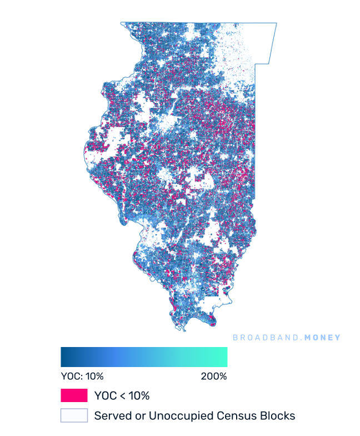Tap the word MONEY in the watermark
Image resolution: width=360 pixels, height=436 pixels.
(x=321, y=338)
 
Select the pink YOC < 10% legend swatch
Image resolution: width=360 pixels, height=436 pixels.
(x=74, y=395)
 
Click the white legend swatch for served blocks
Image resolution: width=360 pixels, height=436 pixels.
(x=74, y=415)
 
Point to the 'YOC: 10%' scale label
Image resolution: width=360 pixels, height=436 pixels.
(x=82, y=376)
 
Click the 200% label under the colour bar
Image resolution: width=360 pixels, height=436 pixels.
(x=213, y=376)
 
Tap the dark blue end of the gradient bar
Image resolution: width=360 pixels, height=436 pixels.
(x=64, y=356)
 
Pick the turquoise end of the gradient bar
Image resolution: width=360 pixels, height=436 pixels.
(x=223, y=356)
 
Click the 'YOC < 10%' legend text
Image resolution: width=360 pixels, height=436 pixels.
(x=122, y=396)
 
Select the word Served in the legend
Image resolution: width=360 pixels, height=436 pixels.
(x=111, y=415)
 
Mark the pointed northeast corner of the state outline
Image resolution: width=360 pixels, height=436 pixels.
(x=276, y=23)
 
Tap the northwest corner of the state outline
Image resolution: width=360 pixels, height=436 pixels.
(x=121, y=23)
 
